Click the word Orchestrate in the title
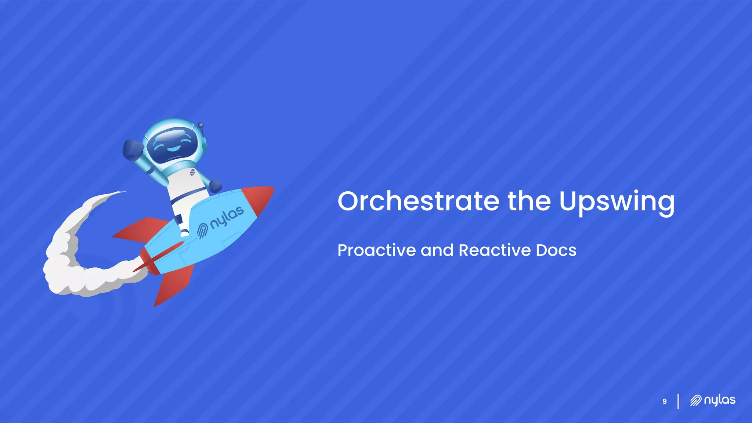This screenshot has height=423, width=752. [418, 201]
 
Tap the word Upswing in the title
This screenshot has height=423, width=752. [617, 202]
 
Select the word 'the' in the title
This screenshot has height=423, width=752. [529, 201]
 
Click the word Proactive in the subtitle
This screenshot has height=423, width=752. [376, 250]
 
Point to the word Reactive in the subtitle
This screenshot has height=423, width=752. [494, 250]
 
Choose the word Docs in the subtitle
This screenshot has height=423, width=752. [556, 250]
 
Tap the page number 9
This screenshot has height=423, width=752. [664, 401]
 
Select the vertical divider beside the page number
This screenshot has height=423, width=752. [678, 401]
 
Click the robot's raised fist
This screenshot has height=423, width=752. [132, 149]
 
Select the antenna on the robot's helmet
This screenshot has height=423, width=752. [200, 126]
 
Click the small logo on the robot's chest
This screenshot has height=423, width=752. [192, 172]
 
